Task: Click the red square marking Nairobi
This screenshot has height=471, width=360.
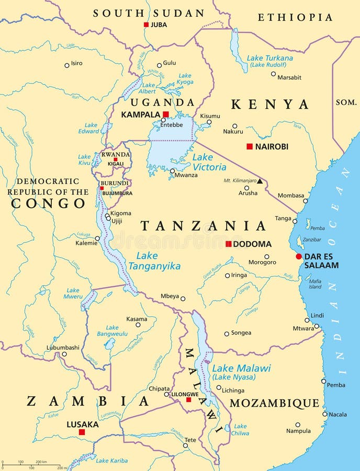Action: coord(250,147)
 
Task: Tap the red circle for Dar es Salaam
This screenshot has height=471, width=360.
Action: coord(299,256)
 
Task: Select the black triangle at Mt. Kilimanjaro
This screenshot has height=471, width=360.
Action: coord(260,181)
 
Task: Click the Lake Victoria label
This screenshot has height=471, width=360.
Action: coord(209,162)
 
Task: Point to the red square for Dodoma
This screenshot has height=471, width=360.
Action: coord(228,244)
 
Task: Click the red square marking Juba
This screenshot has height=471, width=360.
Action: coord(147,25)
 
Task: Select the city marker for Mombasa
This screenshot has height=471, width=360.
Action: coord(305,200)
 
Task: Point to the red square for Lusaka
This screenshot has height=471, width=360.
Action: coord(82,432)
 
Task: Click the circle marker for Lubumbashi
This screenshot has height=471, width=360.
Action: coord(64,354)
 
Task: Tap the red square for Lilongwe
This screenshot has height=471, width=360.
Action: coord(189,400)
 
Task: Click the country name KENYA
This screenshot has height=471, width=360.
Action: coord(270,104)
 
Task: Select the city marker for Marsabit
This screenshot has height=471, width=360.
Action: coord(273,74)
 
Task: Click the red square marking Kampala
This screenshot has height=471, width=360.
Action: coord(166,114)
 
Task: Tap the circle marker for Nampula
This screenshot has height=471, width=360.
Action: coord(298,425)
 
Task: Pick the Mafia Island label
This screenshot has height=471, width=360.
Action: coord(315,284)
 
